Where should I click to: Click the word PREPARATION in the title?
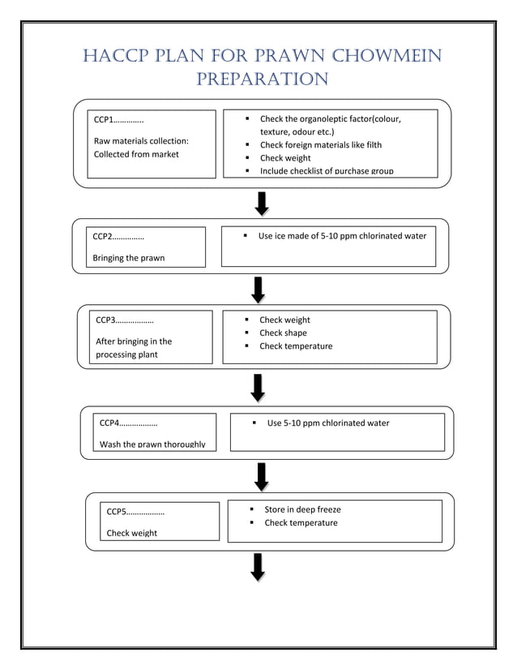coord(262,79)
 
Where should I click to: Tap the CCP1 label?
coord(118,120)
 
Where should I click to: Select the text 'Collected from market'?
coord(136,154)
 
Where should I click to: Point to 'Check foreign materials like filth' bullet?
coord(320,145)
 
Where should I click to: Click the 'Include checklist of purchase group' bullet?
coord(326,171)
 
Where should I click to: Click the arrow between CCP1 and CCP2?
coord(262,204)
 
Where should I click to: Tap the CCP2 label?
coord(118,237)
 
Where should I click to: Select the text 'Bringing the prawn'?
coord(128,258)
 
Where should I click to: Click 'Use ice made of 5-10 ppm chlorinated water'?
coord(341,236)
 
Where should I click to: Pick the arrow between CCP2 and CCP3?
coord(258,289)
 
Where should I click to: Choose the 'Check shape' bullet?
coord(283,333)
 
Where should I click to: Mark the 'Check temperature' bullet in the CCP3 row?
coord(295,346)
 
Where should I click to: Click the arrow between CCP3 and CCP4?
coord(258,387)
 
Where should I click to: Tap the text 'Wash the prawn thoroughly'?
coord(152,444)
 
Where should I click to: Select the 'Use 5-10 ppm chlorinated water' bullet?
coord(327,423)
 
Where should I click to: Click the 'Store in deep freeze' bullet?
coord(302,509)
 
